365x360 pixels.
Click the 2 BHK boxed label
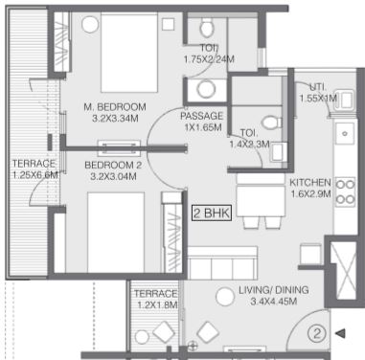[212, 214]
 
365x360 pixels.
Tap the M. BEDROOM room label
[115, 106]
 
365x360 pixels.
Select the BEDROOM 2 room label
[113, 165]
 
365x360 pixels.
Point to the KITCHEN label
[310, 183]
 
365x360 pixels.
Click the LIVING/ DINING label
[274, 290]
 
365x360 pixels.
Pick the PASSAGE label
[201, 116]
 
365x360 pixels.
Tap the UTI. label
[318, 87]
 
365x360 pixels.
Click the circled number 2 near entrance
[317, 333]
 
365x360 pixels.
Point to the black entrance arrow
[340, 333]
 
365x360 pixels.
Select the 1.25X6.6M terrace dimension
[35, 175]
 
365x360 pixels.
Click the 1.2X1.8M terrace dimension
[157, 304]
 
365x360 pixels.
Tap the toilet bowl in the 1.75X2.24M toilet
[207, 27]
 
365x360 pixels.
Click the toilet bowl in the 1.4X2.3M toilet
[271, 123]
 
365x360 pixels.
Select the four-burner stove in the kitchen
[346, 191]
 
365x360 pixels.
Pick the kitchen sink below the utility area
[345, 133]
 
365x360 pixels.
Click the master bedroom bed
[129, 53]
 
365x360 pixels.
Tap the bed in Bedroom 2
[116, 233]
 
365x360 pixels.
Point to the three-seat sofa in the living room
[222, 263]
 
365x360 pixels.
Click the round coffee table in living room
[225, 297]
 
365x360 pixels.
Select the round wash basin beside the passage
[206, 89]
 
